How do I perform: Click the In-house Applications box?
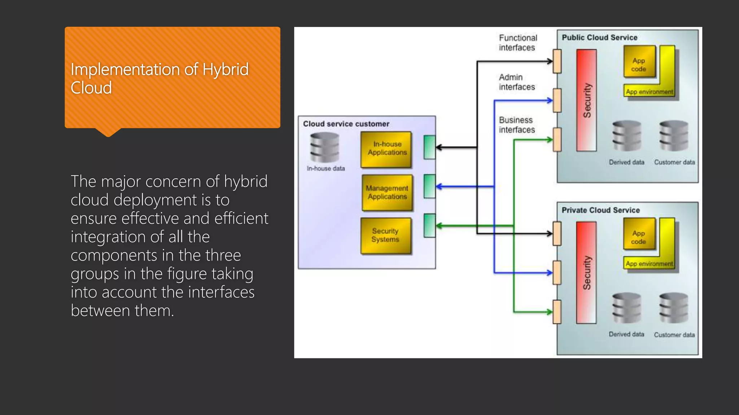(386, 149)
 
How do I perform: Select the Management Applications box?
(387, 192)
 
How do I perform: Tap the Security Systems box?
(386, 236)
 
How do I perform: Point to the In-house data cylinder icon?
(325, 147)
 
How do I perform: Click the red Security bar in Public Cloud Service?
(586, 100)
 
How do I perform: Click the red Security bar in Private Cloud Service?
(586, 273)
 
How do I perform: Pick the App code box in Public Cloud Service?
(639, 62)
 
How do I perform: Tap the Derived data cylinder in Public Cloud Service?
(627, 136)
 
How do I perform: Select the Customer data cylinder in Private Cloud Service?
(674, 308)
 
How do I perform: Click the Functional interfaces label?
(518, 43)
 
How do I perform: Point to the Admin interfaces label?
(517, 82)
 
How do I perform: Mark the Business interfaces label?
(517, 125)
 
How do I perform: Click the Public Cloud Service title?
(599, 37)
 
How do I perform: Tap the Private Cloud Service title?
(600, 210)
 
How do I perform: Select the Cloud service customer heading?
(346, 124)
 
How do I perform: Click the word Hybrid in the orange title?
(226, 69)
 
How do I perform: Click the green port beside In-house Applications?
(429, 147)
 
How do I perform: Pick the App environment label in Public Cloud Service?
(650, 92)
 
